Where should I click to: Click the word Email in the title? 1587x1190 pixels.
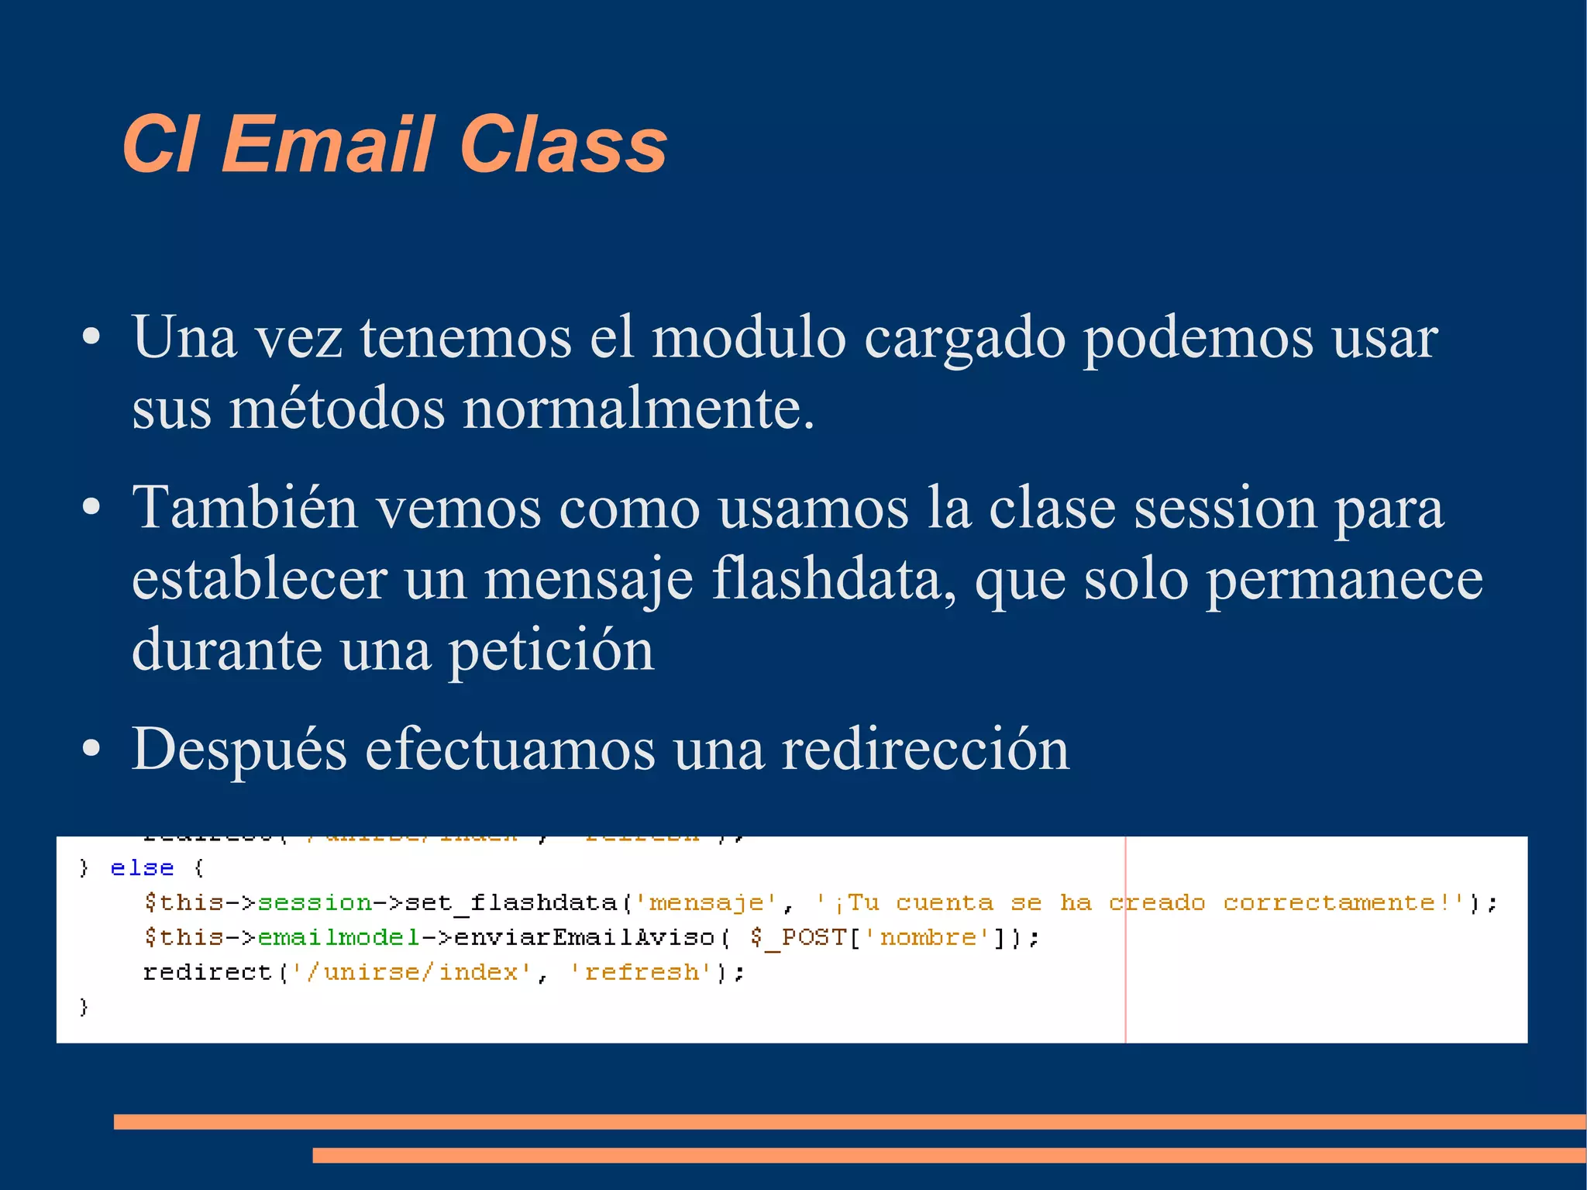(x=327, y=144)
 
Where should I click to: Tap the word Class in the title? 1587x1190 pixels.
(x=563, y=144)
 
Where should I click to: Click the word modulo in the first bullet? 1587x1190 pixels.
(x=749, y=338)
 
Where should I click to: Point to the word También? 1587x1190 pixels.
(x=245, y=509)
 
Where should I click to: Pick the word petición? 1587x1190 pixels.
(x=552, y=650)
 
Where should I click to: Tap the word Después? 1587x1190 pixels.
(x=239, y=750)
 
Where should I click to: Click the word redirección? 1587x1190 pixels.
(x=925, y=750)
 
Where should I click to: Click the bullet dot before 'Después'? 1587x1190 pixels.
(x=91, y=749)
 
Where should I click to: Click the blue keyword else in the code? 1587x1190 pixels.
(x=142, y=868)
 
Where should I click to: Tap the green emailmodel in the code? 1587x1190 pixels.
(x=338, y=938)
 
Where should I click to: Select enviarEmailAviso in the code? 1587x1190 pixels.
(x=584, y=938)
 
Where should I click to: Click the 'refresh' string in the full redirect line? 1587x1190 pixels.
(x=642, y=973)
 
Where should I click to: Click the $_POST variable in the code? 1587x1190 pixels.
(x=798, y=938)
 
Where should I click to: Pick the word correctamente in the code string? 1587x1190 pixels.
(x=1328, y=903)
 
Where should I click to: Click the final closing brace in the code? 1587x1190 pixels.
(x=84, y=1007)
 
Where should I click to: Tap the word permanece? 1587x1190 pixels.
(x=1344, y=579)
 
